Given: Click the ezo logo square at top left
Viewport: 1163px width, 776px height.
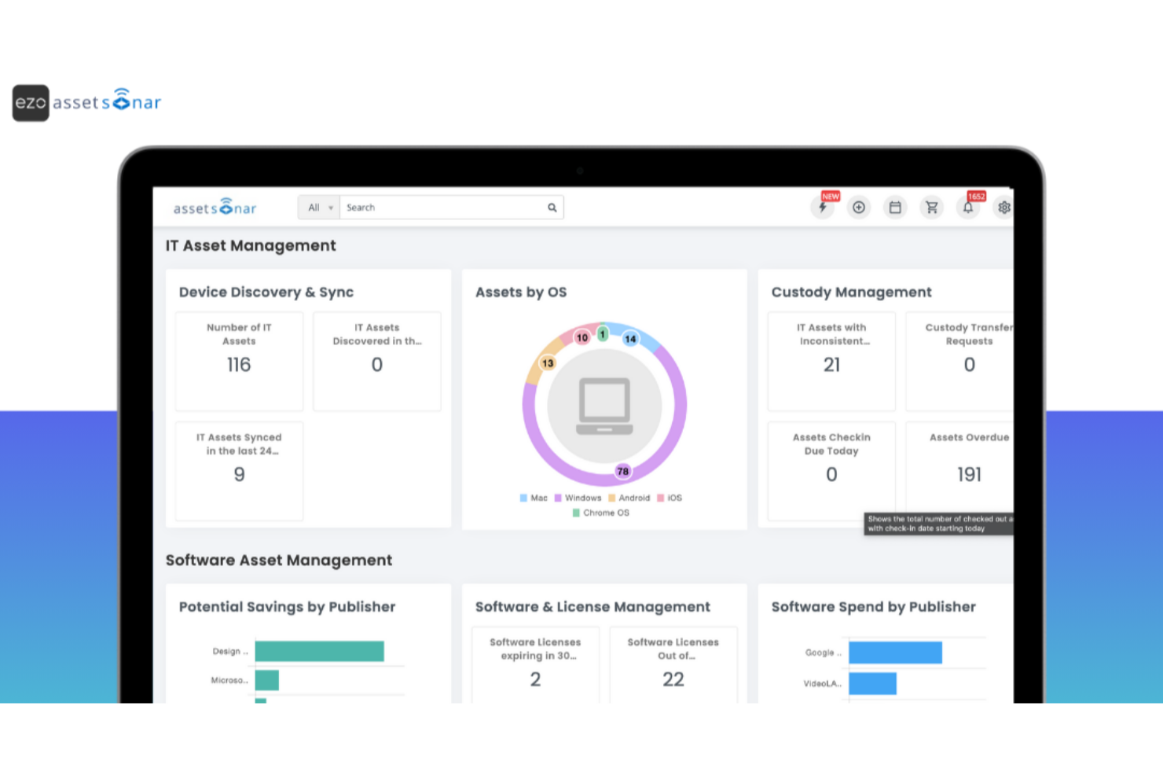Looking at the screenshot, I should click(31, 103).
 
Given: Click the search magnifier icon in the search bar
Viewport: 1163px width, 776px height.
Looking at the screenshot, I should click(552, 208).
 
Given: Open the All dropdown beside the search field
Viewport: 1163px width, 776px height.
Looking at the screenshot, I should click(319, 208).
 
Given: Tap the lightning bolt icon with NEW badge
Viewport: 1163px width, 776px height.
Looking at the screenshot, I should click(823, 208).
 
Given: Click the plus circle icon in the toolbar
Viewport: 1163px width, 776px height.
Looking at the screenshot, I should click(859, 208).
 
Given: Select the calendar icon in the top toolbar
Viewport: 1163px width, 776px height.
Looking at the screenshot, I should click(895, 208).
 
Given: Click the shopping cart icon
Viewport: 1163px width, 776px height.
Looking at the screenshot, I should click(931, 208).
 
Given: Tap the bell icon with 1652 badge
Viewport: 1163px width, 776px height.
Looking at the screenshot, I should click(968, 208).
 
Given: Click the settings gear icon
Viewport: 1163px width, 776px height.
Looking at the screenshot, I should click(1003, 208).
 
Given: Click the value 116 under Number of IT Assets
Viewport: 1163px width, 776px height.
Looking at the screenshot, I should click(239, 365).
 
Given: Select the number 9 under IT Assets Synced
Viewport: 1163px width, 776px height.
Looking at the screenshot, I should click(239, 474).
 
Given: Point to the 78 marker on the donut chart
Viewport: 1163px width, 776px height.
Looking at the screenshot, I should click(622, 471).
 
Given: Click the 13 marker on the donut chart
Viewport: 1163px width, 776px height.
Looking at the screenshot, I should click(548, 363).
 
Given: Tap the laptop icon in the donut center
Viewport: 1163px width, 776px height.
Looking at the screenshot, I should click(604, 406).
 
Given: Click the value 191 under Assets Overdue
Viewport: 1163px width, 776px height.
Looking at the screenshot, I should click(969, 474).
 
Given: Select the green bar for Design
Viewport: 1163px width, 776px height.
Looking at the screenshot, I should click(319, 651).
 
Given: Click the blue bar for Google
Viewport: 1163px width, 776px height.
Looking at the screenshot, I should click(895, 653).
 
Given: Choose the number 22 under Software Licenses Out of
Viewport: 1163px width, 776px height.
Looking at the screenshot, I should click(673, 679).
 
